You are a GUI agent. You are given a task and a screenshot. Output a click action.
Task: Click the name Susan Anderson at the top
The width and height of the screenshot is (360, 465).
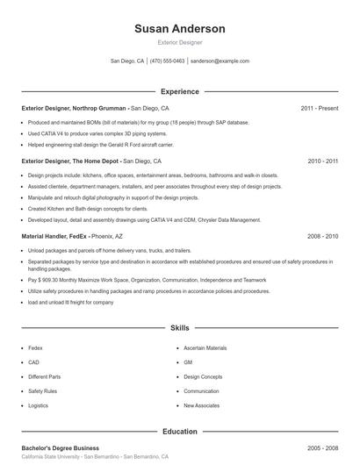179,28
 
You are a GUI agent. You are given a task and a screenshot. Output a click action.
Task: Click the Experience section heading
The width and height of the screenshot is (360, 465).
179,91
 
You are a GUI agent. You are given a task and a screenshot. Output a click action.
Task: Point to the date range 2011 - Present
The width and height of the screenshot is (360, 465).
319,108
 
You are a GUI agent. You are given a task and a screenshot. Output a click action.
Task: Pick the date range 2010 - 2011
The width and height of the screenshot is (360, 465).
322,161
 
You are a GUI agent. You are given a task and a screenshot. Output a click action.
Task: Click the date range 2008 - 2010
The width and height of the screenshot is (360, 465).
322,237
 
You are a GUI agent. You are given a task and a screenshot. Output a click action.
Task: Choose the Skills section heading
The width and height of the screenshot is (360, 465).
179,328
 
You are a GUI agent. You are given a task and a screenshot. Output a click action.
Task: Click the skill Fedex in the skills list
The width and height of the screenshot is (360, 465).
35,348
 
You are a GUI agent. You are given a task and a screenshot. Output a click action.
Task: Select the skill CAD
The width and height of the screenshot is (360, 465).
33,362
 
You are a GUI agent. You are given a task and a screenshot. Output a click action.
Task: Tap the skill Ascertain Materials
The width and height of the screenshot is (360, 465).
205,348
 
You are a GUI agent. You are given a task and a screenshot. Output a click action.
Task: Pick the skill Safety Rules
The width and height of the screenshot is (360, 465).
42,391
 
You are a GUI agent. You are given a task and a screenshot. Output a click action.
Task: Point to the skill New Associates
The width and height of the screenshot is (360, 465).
201,405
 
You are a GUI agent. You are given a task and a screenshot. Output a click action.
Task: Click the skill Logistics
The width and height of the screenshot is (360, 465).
38,405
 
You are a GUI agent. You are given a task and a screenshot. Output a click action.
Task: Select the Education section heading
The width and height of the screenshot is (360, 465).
179,432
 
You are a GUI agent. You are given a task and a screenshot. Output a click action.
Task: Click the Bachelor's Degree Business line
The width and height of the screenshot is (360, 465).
60,448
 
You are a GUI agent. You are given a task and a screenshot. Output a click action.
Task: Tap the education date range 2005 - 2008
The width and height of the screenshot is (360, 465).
322,448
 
